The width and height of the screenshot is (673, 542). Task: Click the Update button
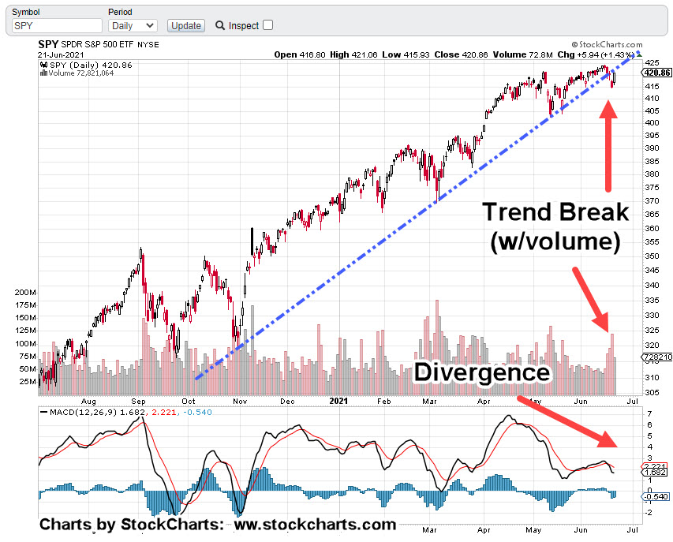click(x=186, y=25)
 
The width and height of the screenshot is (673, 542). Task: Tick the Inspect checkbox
click(x=267, y=25)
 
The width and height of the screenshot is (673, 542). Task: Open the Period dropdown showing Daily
click(x=132, y=25)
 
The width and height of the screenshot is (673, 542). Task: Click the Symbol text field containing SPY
click(x=56, y=25)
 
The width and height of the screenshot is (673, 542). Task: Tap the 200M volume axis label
click(x=25, y=292)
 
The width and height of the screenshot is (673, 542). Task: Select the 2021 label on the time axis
click(x=337, y=401)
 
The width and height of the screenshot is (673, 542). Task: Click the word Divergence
click(x=482, y=372)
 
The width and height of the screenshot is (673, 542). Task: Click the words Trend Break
click(x=555, y=212)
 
